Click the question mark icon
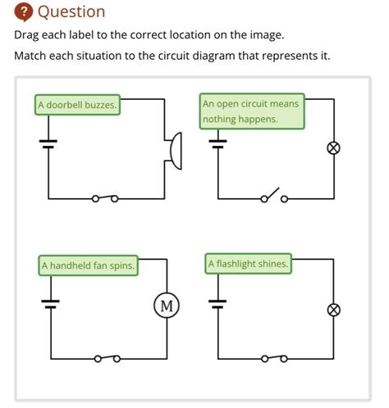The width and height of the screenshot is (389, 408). tap(24, 12)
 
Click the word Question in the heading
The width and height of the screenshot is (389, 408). tap(71, 12)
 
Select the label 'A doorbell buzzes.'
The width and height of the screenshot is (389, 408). tap(77, 105)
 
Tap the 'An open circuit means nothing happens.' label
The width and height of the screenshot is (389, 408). tap(252, 111)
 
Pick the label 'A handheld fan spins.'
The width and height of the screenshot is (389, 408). tap(88, 265)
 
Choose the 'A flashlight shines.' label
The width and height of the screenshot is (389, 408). tap(249, 264)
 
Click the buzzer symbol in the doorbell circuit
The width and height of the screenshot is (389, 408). tap(176, 151)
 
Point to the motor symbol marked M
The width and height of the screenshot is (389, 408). tap(167, 306)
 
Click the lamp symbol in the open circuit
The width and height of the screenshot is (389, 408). tap(334, 148)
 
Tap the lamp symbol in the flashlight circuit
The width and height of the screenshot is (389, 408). tap(334, 311)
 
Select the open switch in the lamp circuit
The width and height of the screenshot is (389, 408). tap(274, 196)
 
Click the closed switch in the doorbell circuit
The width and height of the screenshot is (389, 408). tap(105, 198)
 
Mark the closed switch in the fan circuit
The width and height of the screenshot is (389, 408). tap(108, 358)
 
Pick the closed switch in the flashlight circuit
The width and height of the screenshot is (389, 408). tap(274, 358)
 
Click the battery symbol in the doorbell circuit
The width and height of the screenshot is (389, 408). tap(48, 144)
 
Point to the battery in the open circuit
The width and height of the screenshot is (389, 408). tap(217, 144)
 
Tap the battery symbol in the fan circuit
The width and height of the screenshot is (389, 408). tap(51, 304)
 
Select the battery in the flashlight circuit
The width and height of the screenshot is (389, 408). tap(217, 304)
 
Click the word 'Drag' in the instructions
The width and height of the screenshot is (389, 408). tap(26, 35)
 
